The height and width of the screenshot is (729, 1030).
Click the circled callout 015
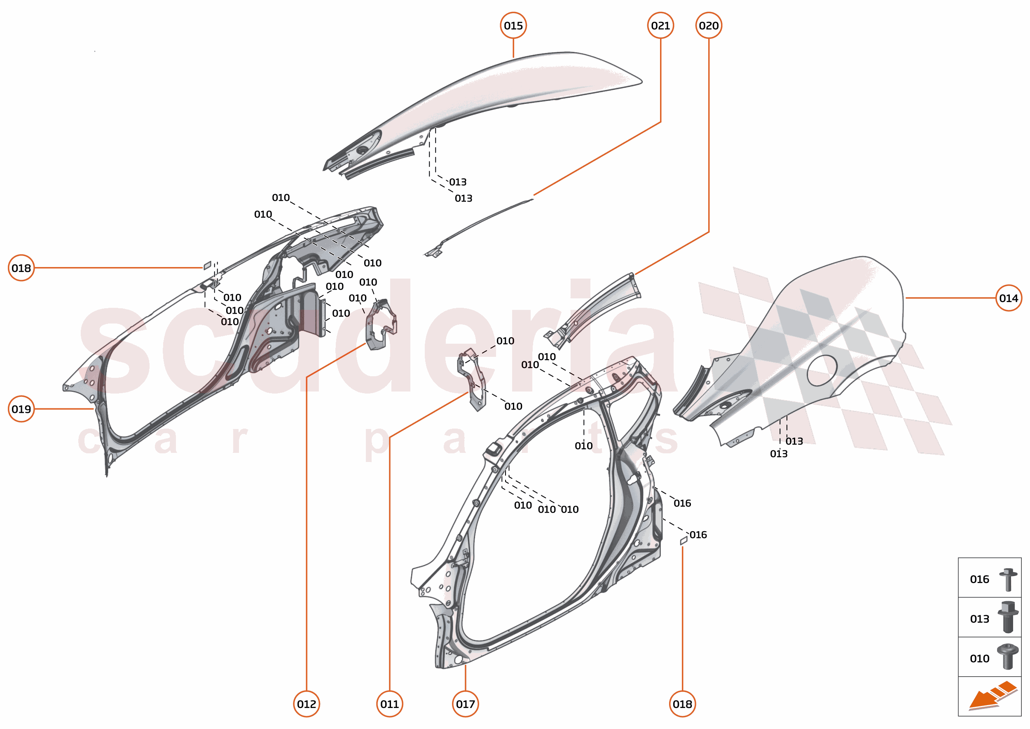point(513,26)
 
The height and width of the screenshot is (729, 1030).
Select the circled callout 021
point(660,26)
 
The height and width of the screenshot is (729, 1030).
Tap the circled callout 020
point(708,26)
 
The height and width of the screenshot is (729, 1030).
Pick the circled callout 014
point(1008,298)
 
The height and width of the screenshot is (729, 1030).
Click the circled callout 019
point(21,409)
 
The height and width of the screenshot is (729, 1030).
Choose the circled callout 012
point(307,704)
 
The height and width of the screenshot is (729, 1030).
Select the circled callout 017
point(465,704)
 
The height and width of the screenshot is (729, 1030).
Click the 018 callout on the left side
point(21,268)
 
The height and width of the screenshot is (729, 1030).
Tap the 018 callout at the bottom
point(682,704)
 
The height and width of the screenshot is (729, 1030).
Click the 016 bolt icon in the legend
point(1008,579)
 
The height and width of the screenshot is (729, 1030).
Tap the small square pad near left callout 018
point(207,265)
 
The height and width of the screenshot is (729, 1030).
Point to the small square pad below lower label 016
point(684,541)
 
